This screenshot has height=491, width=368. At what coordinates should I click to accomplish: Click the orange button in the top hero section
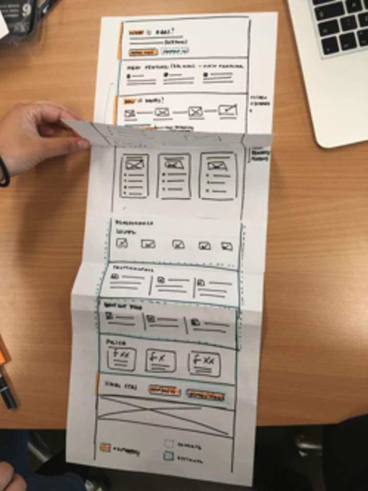click(143, 52)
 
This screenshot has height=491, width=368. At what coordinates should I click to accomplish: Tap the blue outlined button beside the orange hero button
click(175, 51)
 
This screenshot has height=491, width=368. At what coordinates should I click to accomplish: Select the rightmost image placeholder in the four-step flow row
click(227, 110)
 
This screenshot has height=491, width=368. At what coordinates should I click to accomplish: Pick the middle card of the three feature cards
click(174, 176)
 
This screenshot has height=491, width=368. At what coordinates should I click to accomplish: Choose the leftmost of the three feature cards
click(134, 176)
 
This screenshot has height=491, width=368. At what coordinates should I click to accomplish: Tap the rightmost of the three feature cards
click(218, 176)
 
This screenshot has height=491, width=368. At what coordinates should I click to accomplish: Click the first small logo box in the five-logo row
click(122, 244)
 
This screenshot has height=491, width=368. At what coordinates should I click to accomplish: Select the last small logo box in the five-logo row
click(226, 246)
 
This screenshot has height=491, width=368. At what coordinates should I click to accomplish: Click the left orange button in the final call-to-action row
click(164, 391)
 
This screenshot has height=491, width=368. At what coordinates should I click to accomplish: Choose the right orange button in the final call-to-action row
click(205, 395)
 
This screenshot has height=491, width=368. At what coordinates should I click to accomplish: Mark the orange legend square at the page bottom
click(105, 447)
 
